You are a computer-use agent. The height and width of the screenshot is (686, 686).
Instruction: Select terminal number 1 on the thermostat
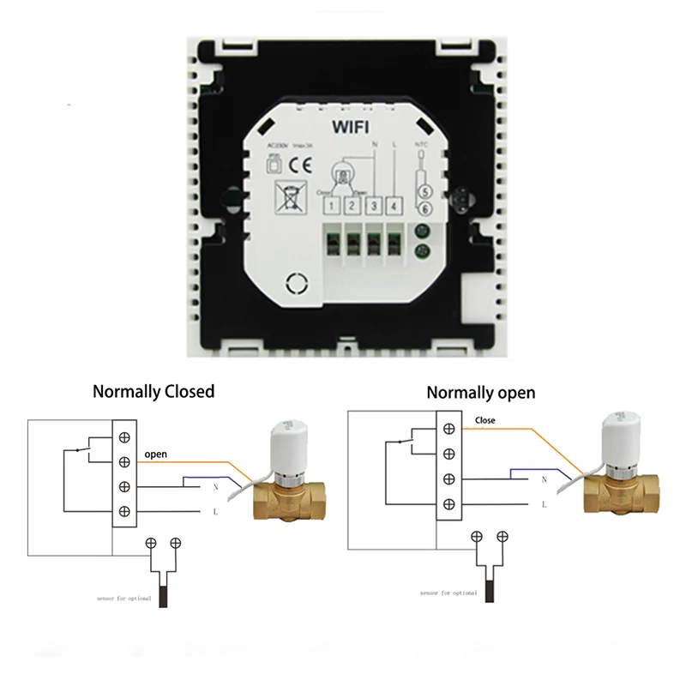331,205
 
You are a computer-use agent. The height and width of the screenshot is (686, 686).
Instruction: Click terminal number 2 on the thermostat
352,205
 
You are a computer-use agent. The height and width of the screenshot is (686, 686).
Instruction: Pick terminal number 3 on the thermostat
373,205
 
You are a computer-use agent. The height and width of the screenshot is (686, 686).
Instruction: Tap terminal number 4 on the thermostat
393,205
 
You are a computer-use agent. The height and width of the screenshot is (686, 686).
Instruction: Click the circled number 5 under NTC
423,193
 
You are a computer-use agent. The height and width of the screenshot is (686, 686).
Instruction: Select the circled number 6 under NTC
423,209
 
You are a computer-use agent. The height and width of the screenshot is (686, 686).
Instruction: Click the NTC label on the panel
421,145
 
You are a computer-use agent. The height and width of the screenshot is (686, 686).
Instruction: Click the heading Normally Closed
153,392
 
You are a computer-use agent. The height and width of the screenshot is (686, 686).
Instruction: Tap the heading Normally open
480,393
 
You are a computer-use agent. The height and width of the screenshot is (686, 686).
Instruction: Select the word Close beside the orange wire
484,421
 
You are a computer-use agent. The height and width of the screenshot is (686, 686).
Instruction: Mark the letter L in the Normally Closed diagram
213,511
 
